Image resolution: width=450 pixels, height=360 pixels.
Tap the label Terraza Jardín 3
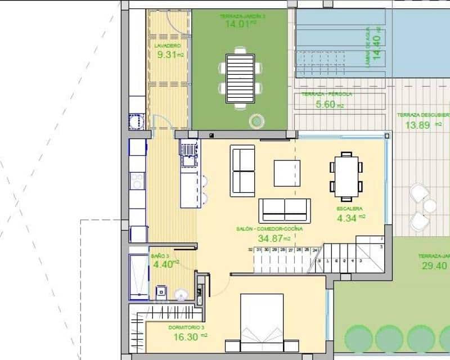point(242,17)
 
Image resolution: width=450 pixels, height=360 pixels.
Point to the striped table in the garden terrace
point(240,78)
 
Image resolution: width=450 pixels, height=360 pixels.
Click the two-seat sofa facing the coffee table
point(243,170)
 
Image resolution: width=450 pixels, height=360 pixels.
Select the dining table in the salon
point(346,176)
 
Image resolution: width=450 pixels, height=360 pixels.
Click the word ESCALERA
point(349,209)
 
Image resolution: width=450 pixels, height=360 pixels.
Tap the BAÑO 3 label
point(160,256)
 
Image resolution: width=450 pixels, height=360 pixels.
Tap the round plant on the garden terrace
point(258,120)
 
